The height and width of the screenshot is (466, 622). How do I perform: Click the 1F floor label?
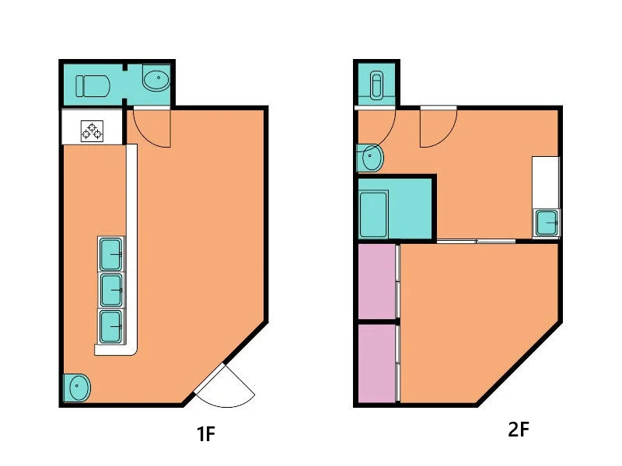[x=206, y=433]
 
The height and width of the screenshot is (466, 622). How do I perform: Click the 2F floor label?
[x=519, y=429]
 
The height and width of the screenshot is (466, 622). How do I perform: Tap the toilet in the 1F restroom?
[x=93, y=86]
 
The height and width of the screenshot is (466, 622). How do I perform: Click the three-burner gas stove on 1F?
[x=92, y=131]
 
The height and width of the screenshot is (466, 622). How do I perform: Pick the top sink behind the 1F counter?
[x=110, y=254]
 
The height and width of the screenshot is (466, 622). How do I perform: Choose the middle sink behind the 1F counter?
[x=110, y=290]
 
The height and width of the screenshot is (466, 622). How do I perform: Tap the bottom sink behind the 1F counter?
[x=110, y=326]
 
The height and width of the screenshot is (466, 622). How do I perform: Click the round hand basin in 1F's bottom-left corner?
[x=77, y=387]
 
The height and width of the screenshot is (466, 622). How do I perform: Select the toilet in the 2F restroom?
[x=376, y=85]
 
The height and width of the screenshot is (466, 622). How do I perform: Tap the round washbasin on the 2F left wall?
[x=370, y=158]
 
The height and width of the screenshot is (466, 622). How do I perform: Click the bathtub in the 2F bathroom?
[x=373, y=214]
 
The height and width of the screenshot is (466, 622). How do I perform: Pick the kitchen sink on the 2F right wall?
[x=547, y=223]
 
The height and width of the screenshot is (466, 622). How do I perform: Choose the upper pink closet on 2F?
[x=377, y=281]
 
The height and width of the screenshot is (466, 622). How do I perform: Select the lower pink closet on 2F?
[x=377, y=363]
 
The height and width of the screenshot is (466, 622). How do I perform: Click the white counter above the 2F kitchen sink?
[x=546, y=183]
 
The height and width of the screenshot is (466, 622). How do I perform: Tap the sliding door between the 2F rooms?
[x=476, y=241]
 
